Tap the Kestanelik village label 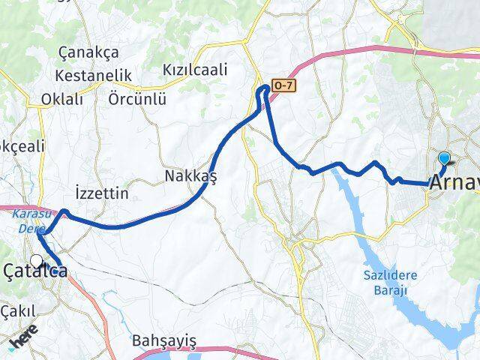tap(93, 76)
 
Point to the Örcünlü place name tap(137, 99)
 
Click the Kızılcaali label tap(195, 70)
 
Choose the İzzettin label tap(103, 193)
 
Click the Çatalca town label tap(37, 271)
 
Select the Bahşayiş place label tap(163, 341)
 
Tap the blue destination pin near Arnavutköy tap(445, 159)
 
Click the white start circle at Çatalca tap(37, 261)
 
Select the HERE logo tap(25, 340)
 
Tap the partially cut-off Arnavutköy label tap(453, 181)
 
